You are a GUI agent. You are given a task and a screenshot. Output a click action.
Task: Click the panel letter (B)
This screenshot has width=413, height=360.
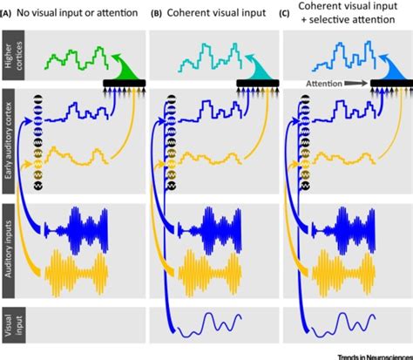157,10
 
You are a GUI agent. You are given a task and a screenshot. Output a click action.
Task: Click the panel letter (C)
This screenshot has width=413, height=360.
288,10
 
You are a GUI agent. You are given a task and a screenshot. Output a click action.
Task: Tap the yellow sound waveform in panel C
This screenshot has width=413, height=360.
349,264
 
